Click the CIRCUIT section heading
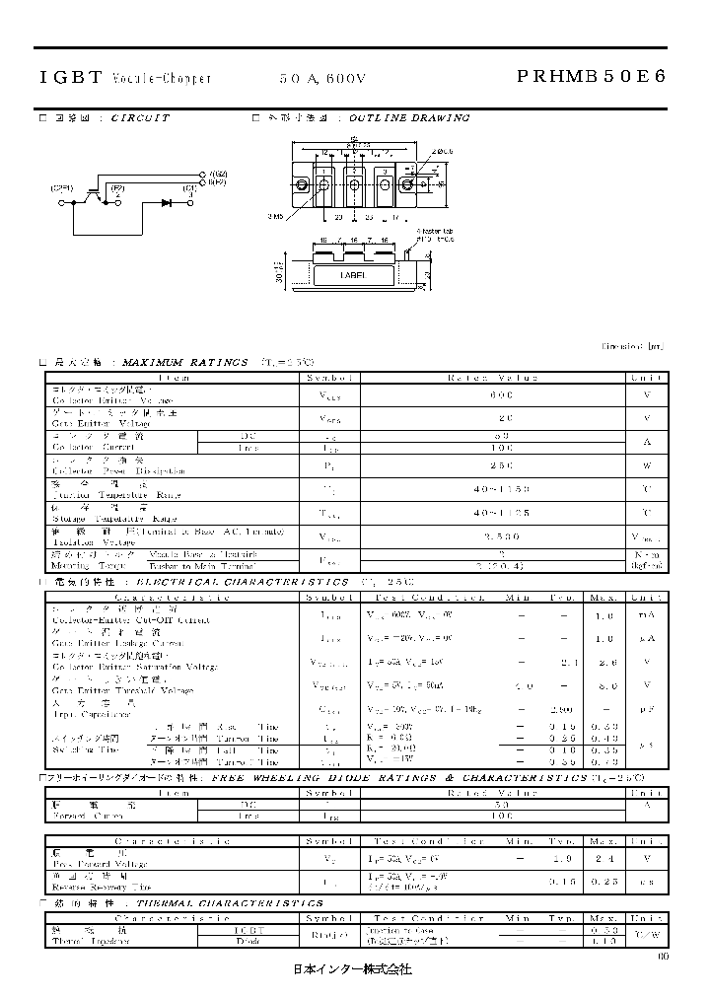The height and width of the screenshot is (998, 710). tap(140, 117)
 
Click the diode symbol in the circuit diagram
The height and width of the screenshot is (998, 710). tap(165, 202)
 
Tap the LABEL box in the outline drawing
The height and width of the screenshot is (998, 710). tap(353, 277)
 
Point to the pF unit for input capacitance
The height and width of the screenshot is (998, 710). tap(646, 709)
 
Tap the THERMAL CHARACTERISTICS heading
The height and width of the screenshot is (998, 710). tap(229, 903)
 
